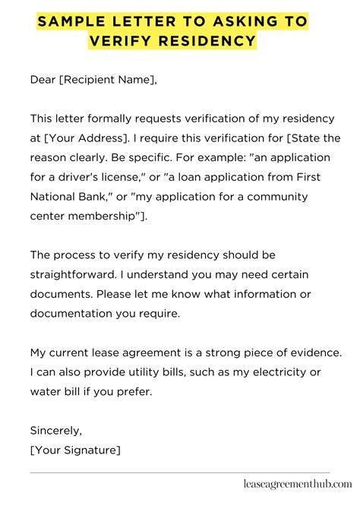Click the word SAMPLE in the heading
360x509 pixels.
(x=70, y=22)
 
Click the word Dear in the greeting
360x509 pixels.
(x=43, y=79)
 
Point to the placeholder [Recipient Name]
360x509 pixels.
(x=108, y=79)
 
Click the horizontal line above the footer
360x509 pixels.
(x=180, y=472)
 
